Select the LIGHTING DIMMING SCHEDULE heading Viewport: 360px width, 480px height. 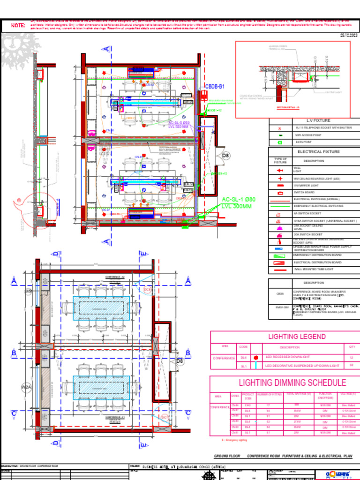[x=292, y=383]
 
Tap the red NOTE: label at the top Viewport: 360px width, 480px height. [x=18, y=25]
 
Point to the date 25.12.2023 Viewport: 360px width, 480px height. [x=348, y=36]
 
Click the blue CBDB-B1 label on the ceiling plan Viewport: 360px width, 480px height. [x=215, y=87]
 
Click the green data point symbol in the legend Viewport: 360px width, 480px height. [x=280, y=142]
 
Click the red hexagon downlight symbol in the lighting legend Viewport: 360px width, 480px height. [x=256, y=357]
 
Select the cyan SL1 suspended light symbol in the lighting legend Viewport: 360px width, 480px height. [x=256, y=365]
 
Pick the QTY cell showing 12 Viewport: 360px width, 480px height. [x=352, y=357]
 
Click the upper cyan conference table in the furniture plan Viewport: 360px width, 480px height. [x=101, y=307]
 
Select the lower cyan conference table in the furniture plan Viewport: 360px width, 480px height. [x=101, y=387]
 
